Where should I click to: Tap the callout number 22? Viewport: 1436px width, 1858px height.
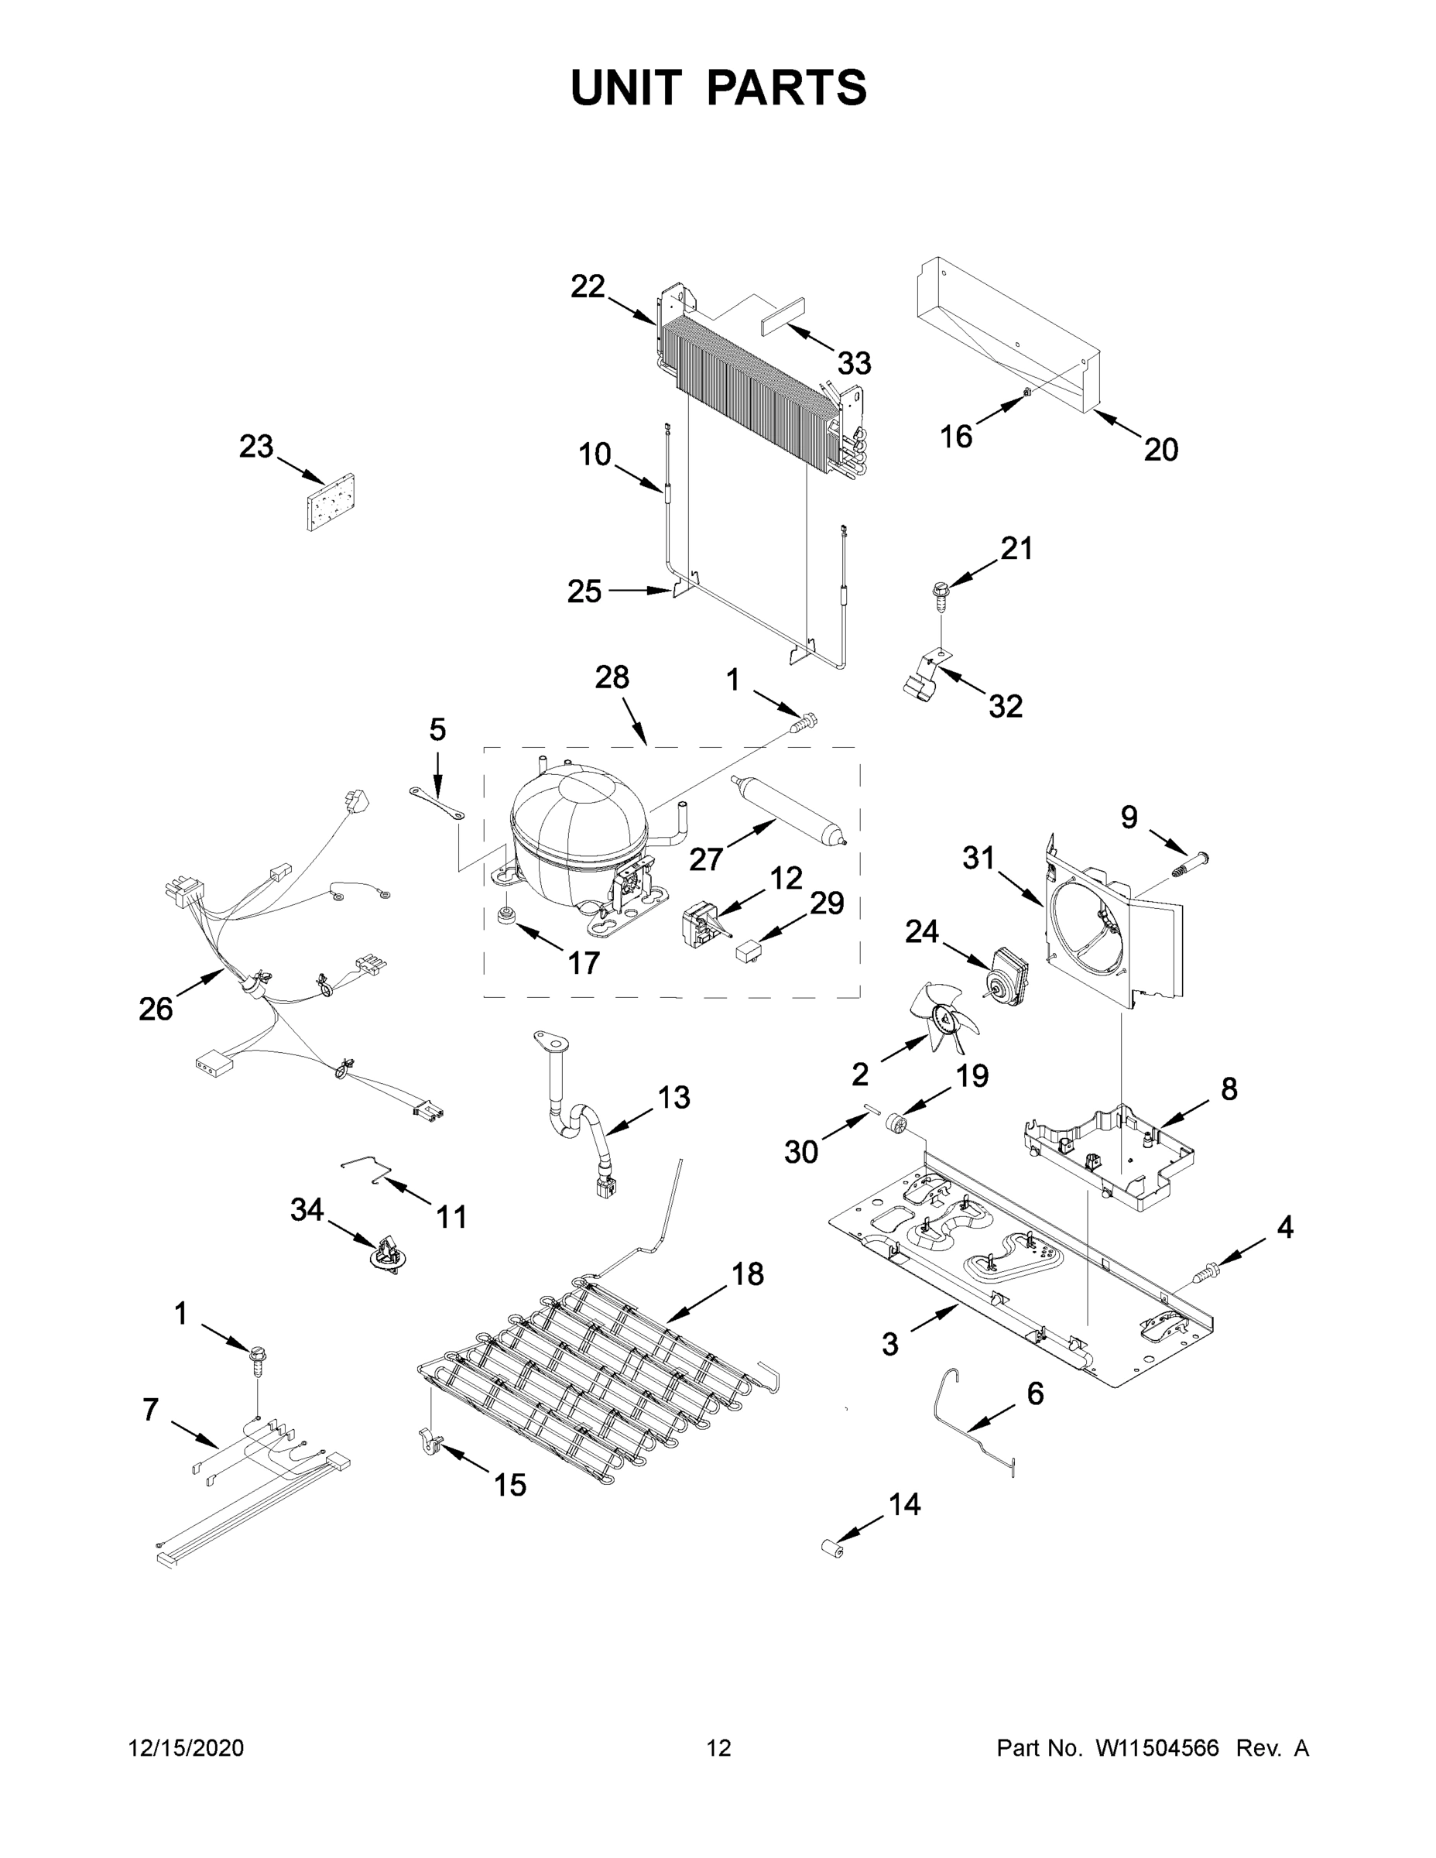tap(587, 286)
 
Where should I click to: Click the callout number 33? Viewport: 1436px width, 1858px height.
tap(854, 364)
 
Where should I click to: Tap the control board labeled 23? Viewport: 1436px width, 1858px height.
tap(331, 502)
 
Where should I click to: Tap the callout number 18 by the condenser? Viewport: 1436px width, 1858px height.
tap(748, 1274)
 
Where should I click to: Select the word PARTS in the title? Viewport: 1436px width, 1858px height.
tap(786, 87)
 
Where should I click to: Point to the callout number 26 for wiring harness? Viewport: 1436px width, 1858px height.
tap(156, 1009)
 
